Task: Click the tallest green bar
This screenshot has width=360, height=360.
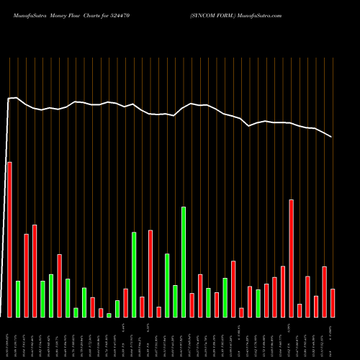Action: (x=184, y=262)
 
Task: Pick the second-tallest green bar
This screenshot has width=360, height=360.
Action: (x=134, y=274)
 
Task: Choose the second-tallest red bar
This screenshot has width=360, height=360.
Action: (x=291, y=258)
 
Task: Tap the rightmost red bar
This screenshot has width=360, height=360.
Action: (x=333, y=303)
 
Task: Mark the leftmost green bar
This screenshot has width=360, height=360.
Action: (x=18, y=299)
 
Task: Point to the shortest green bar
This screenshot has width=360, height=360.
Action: (x=109, y=315)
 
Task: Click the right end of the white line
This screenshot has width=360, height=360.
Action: (x=332, y=137)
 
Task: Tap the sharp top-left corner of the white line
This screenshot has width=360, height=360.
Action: (x=9, y=99)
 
